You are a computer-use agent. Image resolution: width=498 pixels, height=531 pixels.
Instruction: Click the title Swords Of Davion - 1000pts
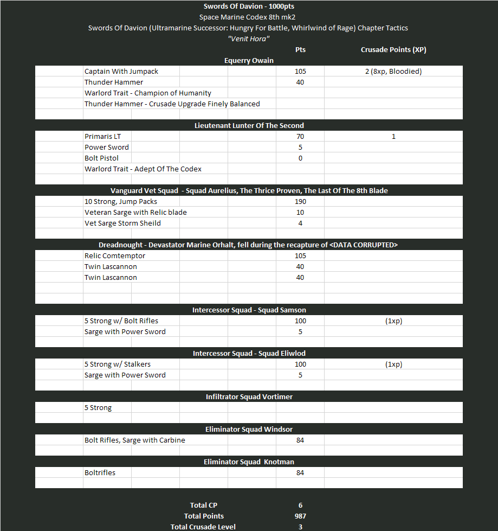coord(249,7)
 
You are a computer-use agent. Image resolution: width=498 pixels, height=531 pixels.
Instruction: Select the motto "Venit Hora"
coord(249,39)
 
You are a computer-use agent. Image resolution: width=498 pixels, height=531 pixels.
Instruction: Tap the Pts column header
coord(300,50)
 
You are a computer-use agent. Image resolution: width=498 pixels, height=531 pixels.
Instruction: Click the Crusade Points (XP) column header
coord(393,50)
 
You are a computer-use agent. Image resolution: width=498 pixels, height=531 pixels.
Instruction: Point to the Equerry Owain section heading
coord(249,61)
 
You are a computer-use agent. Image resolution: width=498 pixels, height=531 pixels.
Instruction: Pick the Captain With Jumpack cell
coord(121,72)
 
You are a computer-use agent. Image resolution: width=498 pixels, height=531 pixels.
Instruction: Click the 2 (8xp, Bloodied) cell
coord(393,72)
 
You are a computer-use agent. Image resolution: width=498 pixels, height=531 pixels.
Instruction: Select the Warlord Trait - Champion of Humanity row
coord(148,93)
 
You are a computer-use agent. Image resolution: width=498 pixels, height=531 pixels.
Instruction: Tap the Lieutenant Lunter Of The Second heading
coord(249,126)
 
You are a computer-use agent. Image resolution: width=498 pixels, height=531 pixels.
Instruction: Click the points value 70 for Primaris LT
coord(300,137)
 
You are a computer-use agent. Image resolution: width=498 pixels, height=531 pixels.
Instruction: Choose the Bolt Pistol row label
coord(102,158)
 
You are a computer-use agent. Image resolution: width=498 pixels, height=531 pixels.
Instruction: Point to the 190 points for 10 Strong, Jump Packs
coord(300,202)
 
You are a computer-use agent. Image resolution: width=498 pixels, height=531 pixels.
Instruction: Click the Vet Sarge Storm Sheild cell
coord(122,223)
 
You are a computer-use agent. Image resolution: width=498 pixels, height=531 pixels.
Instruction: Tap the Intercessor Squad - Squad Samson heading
coord(249,310)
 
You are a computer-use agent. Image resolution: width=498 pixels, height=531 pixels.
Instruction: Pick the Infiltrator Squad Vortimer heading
coord(249,397)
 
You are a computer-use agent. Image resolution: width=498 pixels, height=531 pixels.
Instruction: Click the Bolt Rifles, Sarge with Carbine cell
coord(134,440)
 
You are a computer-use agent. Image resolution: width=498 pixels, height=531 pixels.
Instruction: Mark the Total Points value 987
coord(300,516)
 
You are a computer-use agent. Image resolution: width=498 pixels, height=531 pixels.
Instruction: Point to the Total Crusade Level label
coord(203,527)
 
